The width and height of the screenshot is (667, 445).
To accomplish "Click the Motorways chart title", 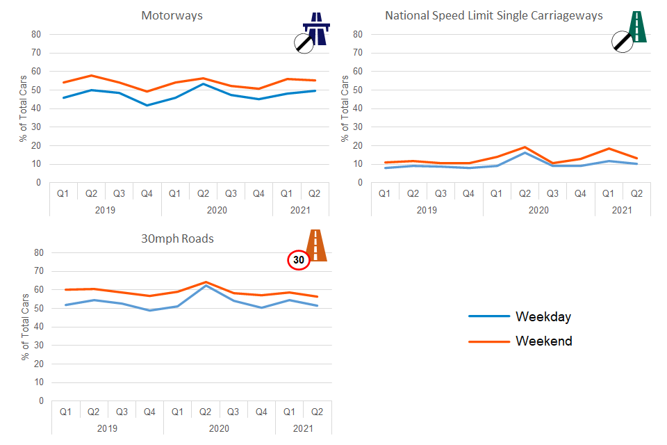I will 172,15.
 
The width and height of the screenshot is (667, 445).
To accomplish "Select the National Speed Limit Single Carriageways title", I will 494,15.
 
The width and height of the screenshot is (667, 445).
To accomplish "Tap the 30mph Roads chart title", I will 178,238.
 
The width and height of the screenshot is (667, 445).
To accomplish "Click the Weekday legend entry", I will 543,317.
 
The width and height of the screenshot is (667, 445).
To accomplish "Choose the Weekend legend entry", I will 543,341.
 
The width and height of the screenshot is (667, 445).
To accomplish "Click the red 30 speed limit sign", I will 299,260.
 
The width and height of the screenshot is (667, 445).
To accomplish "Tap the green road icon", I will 637,28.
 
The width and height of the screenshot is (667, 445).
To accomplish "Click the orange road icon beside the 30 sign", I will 317,245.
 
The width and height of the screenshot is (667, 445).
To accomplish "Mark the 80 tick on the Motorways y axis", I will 35,34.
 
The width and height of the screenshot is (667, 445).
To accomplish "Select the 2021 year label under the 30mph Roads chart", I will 304,428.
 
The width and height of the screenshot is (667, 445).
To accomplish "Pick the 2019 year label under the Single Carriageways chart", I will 427,209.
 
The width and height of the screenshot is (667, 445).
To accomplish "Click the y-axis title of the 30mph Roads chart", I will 25,327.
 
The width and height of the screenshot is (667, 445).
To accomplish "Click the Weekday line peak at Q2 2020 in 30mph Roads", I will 206,286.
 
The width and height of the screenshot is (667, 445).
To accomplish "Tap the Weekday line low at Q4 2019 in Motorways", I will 147,105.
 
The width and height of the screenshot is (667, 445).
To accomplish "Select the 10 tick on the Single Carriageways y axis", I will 357,164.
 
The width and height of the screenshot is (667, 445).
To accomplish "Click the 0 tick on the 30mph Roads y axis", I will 40,401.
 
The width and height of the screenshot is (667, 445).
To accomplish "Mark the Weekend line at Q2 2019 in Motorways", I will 91,75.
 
